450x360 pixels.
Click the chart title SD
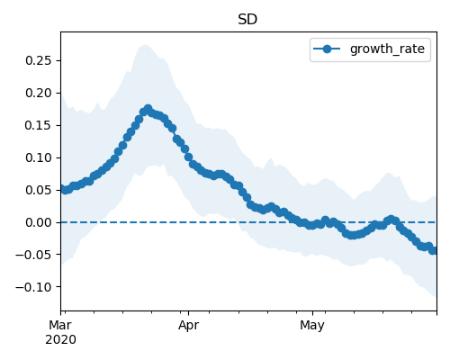tap(247, 20)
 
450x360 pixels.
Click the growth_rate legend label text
tap(387, 49)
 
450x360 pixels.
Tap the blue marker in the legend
tap(327, 49)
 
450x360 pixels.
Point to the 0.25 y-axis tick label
tap(39, 60)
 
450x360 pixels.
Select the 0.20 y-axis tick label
tap(39, 93)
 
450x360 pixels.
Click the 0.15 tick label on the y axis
tap(39, 125)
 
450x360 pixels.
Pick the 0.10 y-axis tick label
tap(39, 157)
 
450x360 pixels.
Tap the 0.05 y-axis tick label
tap(39, 190)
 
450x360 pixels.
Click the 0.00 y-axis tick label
tap(39, 222)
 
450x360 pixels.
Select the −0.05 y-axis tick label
tap(34, 255)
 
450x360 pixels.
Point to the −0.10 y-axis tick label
tap(34, 287)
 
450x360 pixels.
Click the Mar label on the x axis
tap(60, 325)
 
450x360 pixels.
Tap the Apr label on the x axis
tap(188, 326)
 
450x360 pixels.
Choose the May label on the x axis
tap(312, 326)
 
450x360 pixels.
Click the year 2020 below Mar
tap(60, 340)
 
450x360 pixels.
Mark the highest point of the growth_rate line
tap(148, 109)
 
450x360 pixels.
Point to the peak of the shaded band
tap(146, 45)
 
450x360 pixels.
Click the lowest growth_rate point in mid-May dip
tap(353, 235)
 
